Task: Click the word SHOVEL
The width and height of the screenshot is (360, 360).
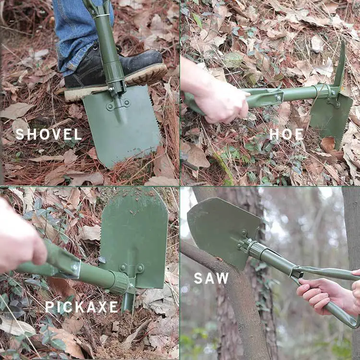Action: [x=48, y=134]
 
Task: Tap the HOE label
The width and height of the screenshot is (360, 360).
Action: [x=286, y=134]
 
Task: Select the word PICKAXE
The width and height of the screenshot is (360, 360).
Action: [x=82, y=307]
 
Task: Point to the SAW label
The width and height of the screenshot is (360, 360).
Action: [x=211, y=278]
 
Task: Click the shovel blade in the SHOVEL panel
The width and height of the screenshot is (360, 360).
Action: [x=122, y=124]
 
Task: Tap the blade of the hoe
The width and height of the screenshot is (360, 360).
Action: [x=331, y=117]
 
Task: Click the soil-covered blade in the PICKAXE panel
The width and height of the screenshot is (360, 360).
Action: [x=134, y=237]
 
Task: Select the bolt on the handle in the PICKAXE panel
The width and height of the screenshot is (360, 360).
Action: [x=75, y=267]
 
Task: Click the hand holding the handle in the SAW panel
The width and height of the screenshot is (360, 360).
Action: [x=326, y=295]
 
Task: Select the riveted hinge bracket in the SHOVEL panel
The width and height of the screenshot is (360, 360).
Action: [x=118, y=105]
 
